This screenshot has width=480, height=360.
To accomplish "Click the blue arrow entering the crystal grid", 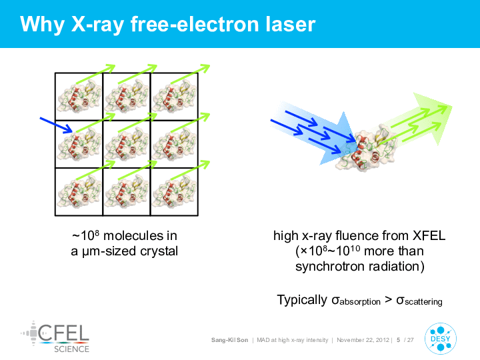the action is tap(56, 125).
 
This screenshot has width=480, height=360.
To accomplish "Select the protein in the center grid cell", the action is tap(127, 145).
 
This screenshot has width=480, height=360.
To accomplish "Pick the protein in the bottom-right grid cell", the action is tap(174, 192).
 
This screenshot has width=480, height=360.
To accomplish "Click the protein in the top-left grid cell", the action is tap(79, 97).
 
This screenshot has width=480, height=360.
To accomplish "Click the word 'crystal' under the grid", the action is tap(159, 251).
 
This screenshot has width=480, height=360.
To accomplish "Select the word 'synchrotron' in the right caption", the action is tap(330, 266).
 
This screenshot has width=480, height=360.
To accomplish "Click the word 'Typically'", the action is tap(302, 300).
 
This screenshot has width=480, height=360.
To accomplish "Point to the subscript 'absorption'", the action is tap(360, 302).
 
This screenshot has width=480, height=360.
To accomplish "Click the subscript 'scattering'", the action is tap(423, 302).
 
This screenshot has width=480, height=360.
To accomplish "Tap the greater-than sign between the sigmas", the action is tap(388, 300).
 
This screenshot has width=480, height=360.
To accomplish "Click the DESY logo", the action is tap(441, 339).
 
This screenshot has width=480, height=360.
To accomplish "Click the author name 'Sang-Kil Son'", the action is tap(229, 340).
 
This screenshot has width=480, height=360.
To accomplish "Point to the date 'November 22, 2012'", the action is tap(363, 340).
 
